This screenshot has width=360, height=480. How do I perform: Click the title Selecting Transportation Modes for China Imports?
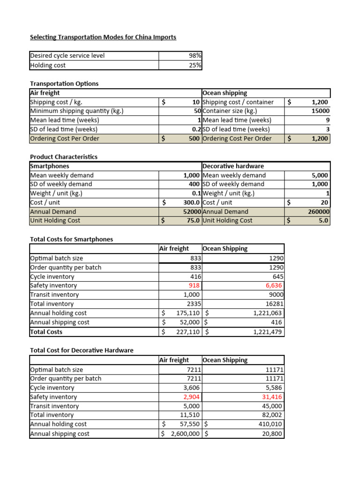click(103, 37)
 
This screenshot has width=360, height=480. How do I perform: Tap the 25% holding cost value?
click(195, 66)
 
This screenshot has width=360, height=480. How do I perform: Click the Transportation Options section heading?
click(64, 83)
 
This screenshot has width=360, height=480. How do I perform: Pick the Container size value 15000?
click(320, 111)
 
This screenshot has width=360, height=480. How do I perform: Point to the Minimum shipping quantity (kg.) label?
click(76, 111)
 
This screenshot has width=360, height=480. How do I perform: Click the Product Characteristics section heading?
click(64, 157)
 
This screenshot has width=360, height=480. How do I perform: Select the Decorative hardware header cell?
click(233, 166)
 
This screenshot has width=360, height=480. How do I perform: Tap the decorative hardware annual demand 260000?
click(318, 211)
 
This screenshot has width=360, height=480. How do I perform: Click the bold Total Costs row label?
click(46, 332)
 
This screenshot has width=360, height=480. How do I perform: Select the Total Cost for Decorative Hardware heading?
click(82, 350)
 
